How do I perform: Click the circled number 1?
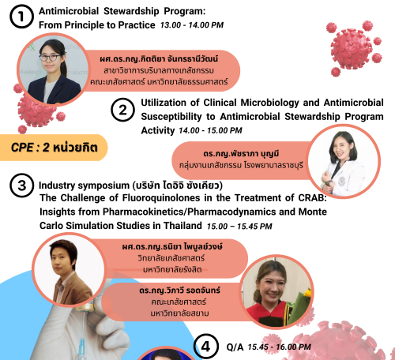[x=21, y=17]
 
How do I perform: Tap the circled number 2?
[x=122, y=110]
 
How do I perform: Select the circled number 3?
[x=22, y=186]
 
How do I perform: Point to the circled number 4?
[x=206, y=347]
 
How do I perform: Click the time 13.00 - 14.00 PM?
[x=192, y=25]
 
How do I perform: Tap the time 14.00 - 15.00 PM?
[x=210, y=130]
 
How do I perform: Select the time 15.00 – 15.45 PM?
[x=239, y=227]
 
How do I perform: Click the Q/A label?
[x=235, y=347]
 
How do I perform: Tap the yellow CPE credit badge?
[x=54, y=148]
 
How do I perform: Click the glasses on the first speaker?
[x=49, y=58]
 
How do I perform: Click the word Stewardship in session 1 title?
[x=131, y=11]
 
